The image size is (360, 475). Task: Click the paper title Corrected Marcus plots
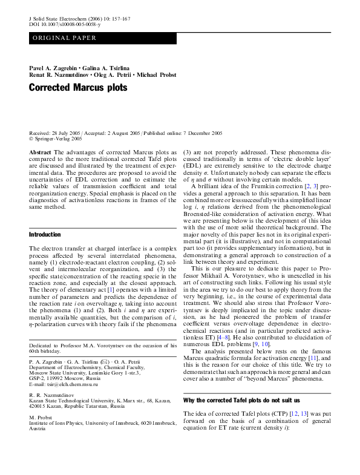tap(79, 88)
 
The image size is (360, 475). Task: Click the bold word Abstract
tap(40, 152)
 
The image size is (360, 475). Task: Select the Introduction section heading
tap(45, 234)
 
